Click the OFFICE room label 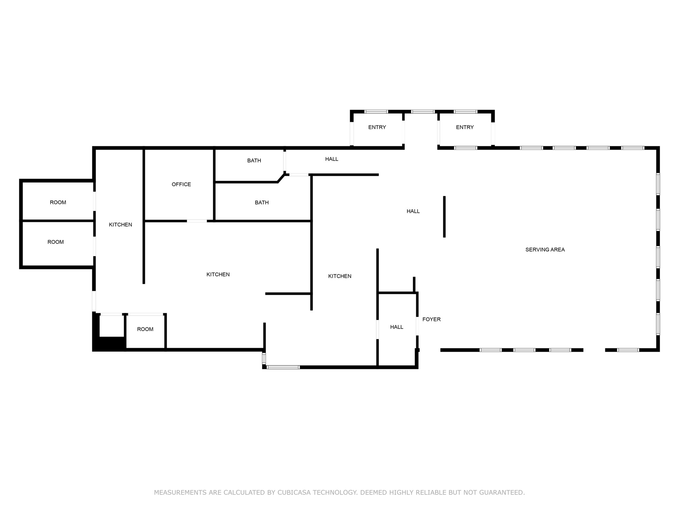(181, 184)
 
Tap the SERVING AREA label (545, 250)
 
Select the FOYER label (432, 319)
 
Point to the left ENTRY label (377, 127)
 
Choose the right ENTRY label (465, 127)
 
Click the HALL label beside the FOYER (397, 327)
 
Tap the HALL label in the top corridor (332, 159)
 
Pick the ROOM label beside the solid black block (145, 329)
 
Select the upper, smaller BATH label (254, 160)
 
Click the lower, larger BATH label (262, 203)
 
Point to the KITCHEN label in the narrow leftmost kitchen (121, 224)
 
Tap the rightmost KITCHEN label (339, 276)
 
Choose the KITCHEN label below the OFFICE (218, 274)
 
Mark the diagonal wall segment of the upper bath (281, 178)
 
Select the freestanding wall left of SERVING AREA (444, 217)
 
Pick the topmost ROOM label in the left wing (58, 202)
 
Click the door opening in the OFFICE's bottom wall (197, 221)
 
